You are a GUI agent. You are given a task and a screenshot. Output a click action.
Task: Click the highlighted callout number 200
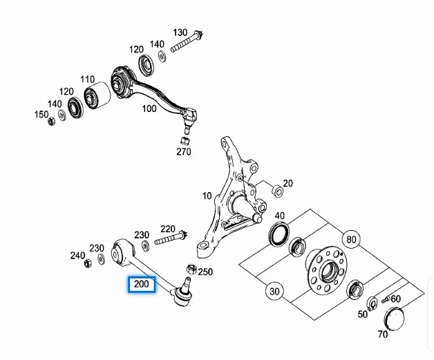pos(142,285)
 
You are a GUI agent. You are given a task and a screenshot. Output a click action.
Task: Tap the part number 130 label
pos(180,32)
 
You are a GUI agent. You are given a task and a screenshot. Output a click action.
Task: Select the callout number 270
pos(183,151)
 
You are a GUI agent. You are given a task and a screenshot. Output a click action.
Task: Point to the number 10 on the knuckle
pos(207,196)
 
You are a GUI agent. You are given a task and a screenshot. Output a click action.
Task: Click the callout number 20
pos(287,183)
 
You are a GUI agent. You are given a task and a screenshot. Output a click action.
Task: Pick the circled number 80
pos(350,240)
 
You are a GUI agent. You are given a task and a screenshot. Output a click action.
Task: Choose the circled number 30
pos(274,292)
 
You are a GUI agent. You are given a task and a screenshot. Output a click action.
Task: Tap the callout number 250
pos(205,272)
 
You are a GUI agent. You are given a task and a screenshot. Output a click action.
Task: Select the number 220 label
pos(167,228)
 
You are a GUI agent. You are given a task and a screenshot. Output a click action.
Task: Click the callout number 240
pos(77,255)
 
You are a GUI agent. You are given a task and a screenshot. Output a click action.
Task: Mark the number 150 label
pos(41,115)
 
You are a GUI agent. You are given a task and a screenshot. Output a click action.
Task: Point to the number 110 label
pos(86,79)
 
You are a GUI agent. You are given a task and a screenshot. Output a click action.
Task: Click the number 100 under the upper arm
pos(149,108)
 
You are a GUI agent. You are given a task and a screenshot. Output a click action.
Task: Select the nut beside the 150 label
pos(52,123)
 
